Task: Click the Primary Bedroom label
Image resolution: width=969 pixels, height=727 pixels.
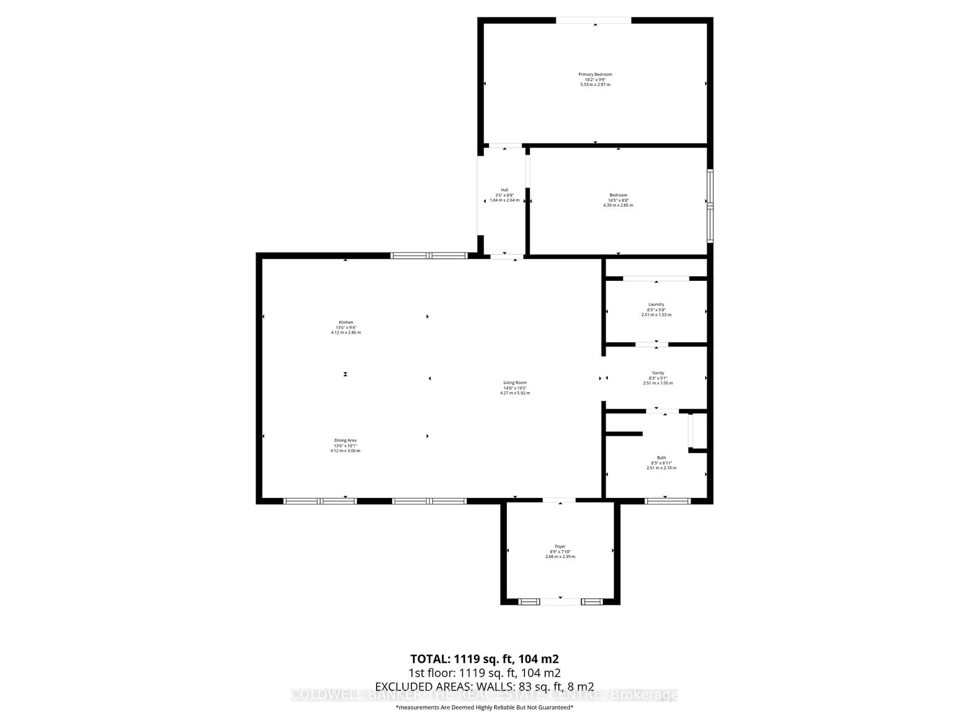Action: click(x=595, y=74)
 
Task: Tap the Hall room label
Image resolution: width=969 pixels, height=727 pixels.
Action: click(x=505, y=190)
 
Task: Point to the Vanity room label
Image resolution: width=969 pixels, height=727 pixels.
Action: click(x=658, y=373)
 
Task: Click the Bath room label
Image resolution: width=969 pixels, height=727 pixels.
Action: click(x=661, y=457)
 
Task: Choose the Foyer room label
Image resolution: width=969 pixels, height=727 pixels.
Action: click(x=560, y=547)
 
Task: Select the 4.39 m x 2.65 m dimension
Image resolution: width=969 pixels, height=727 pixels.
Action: click(x=618, y=205)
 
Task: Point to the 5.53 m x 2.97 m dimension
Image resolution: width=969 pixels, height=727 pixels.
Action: click(x=595, y=85)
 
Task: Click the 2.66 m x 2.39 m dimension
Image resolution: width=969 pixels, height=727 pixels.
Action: click(x=560, y=557)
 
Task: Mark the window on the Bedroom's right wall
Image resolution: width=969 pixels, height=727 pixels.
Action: click(x=710, y=206)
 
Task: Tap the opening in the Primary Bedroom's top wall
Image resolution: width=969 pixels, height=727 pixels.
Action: click(x=594, y=20)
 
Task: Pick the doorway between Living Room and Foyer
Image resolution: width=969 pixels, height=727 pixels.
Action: click(x=559, y=500)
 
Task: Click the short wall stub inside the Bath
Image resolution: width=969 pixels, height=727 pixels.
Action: click(x=624, y=434)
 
